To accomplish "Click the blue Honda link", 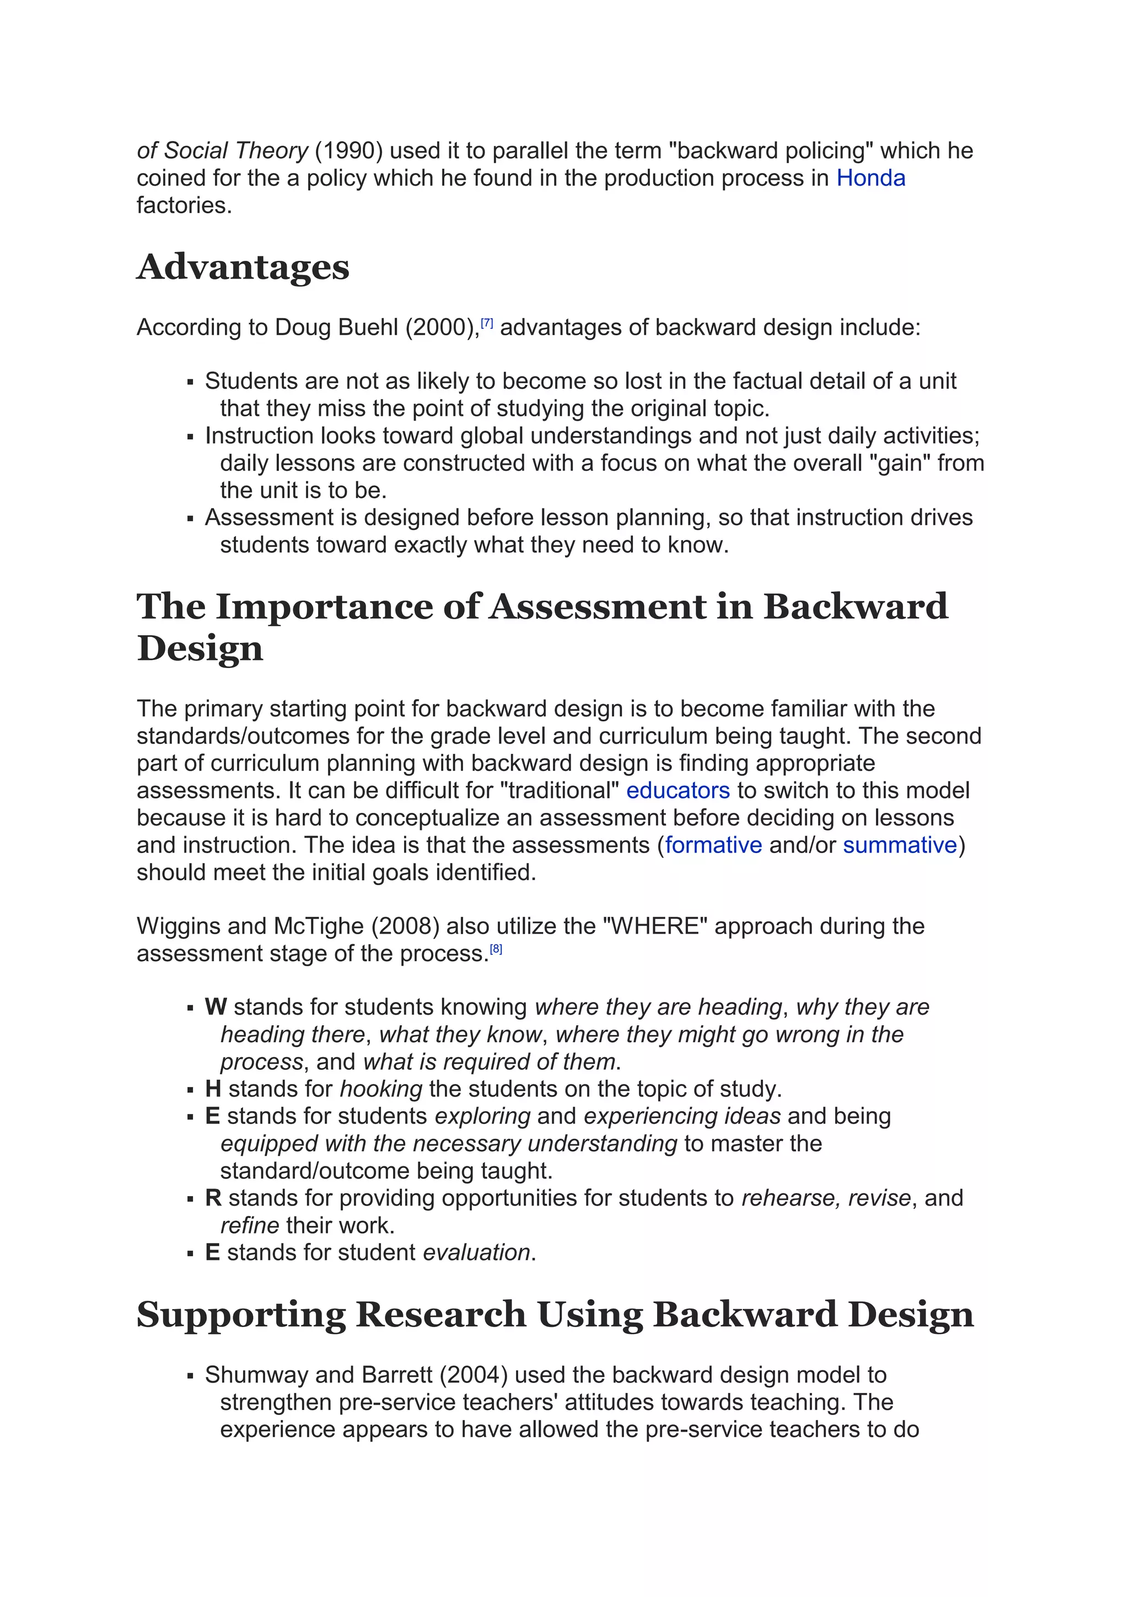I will (x=870, y=178).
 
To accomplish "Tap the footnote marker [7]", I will (x=487, y=323).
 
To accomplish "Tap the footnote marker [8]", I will (x=496, y=948).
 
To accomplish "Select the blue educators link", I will (x=678, y=791).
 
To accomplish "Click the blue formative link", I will (x=713, y=845).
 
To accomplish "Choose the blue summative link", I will (x=900, y=845).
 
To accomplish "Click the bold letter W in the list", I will (x=216, y=1007).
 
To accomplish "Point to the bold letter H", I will (x=213, y=1089).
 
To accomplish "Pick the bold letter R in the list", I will (x=213, y=1198).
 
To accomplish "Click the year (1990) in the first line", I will (x=348, y=151).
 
